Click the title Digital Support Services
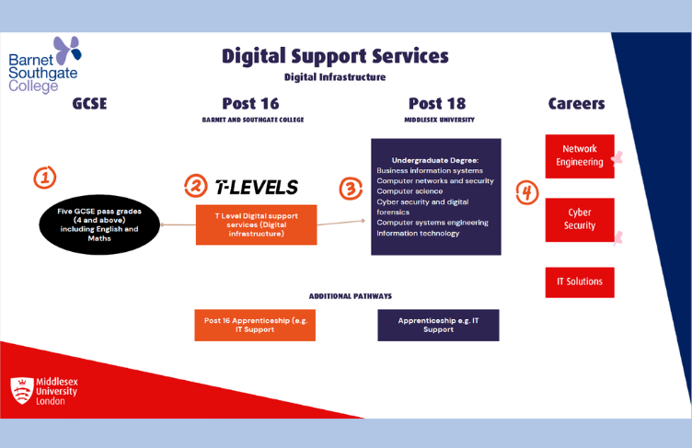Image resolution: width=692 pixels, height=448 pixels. coord(334,55)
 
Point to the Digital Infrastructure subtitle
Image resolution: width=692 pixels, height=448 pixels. coord(334,77)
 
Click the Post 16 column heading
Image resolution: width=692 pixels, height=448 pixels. coord(250,104)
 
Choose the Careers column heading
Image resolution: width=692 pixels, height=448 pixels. coord(576,104)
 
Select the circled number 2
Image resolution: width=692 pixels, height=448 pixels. coord(195,186)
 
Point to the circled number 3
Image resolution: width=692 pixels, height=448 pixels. coord(351,189)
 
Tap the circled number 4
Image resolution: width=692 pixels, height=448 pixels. coord(525,191)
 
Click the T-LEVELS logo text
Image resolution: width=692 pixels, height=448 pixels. coord(256,188)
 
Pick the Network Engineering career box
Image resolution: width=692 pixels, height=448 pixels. coord(579,155)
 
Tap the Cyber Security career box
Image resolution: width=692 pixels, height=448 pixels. coord(579,219)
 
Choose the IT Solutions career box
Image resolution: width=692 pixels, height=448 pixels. coord(579,279)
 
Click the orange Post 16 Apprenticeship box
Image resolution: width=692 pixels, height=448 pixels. coord(246,325)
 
